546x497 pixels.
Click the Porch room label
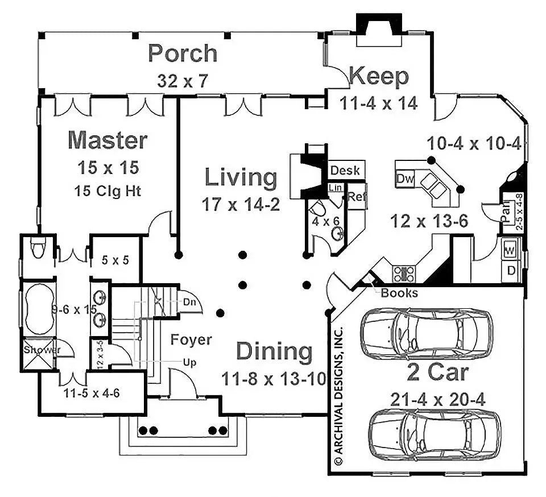(x=183, y=53)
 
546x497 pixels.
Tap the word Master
(x=107, y=139)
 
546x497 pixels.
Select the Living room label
(x=241, y=177)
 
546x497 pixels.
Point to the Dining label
(x=274, y=351)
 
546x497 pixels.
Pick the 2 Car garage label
(x=437, y=373)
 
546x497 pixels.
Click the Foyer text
(x=191, y=340)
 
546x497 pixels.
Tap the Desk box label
(x=345, y=170)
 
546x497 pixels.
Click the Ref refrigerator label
(x=357, y=197)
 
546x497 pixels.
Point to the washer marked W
(x=510, y=250)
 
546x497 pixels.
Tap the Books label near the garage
(x=399, y=293)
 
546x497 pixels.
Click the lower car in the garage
(x=435, y=432)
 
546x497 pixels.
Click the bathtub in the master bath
(x=38, y=310)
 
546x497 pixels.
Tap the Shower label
(x=41, y=350)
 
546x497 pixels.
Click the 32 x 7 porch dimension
(x=183, y=80)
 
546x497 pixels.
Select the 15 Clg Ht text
(x=107, y=190)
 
